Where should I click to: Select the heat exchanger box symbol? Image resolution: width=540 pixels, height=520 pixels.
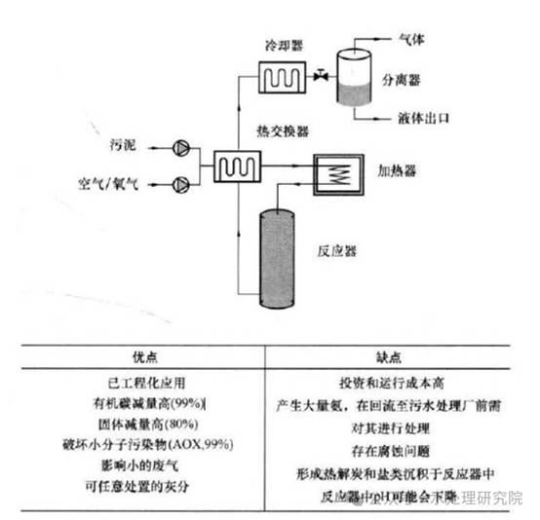[x=236, y=167]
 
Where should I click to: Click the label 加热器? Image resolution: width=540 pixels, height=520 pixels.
[x=397, y=169]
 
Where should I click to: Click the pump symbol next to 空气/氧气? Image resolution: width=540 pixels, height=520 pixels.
[x=181, y=182]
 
